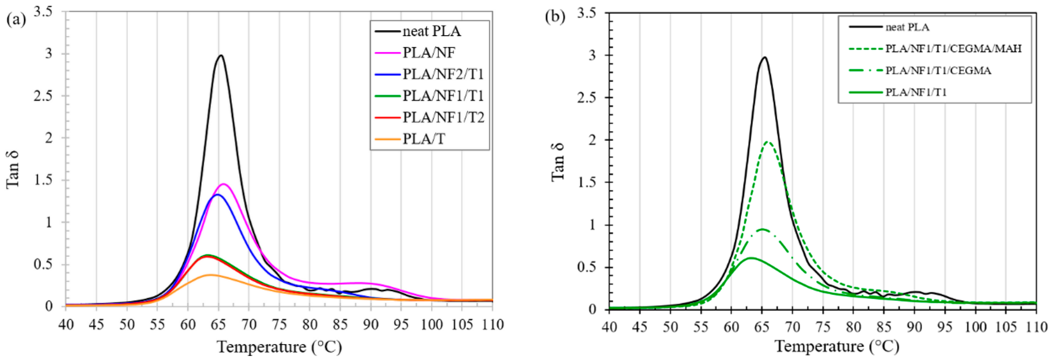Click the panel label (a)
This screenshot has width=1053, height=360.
pos(15,19)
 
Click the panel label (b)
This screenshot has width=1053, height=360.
pos(555,17)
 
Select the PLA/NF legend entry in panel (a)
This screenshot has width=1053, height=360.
pos(428,52)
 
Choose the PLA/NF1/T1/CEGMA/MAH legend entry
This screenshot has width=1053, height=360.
pos(953,49)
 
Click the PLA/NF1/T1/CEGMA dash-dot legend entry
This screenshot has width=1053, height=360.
pos(938,71)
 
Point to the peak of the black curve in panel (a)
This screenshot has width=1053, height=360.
pos(221,55)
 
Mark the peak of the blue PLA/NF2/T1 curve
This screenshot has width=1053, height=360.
pos(218,194)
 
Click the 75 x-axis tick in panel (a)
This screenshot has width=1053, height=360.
pos(279,325)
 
